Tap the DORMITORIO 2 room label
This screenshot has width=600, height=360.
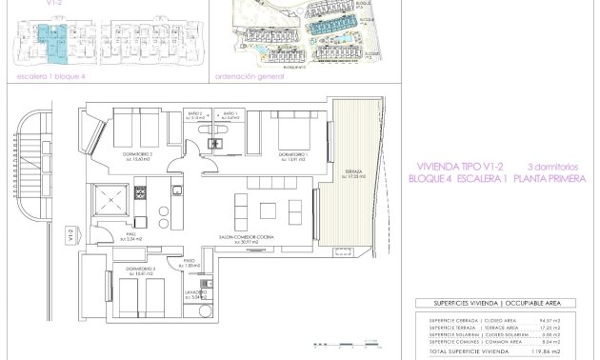[x=139, y=154]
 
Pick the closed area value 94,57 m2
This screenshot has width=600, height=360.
[x=579, y=320]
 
